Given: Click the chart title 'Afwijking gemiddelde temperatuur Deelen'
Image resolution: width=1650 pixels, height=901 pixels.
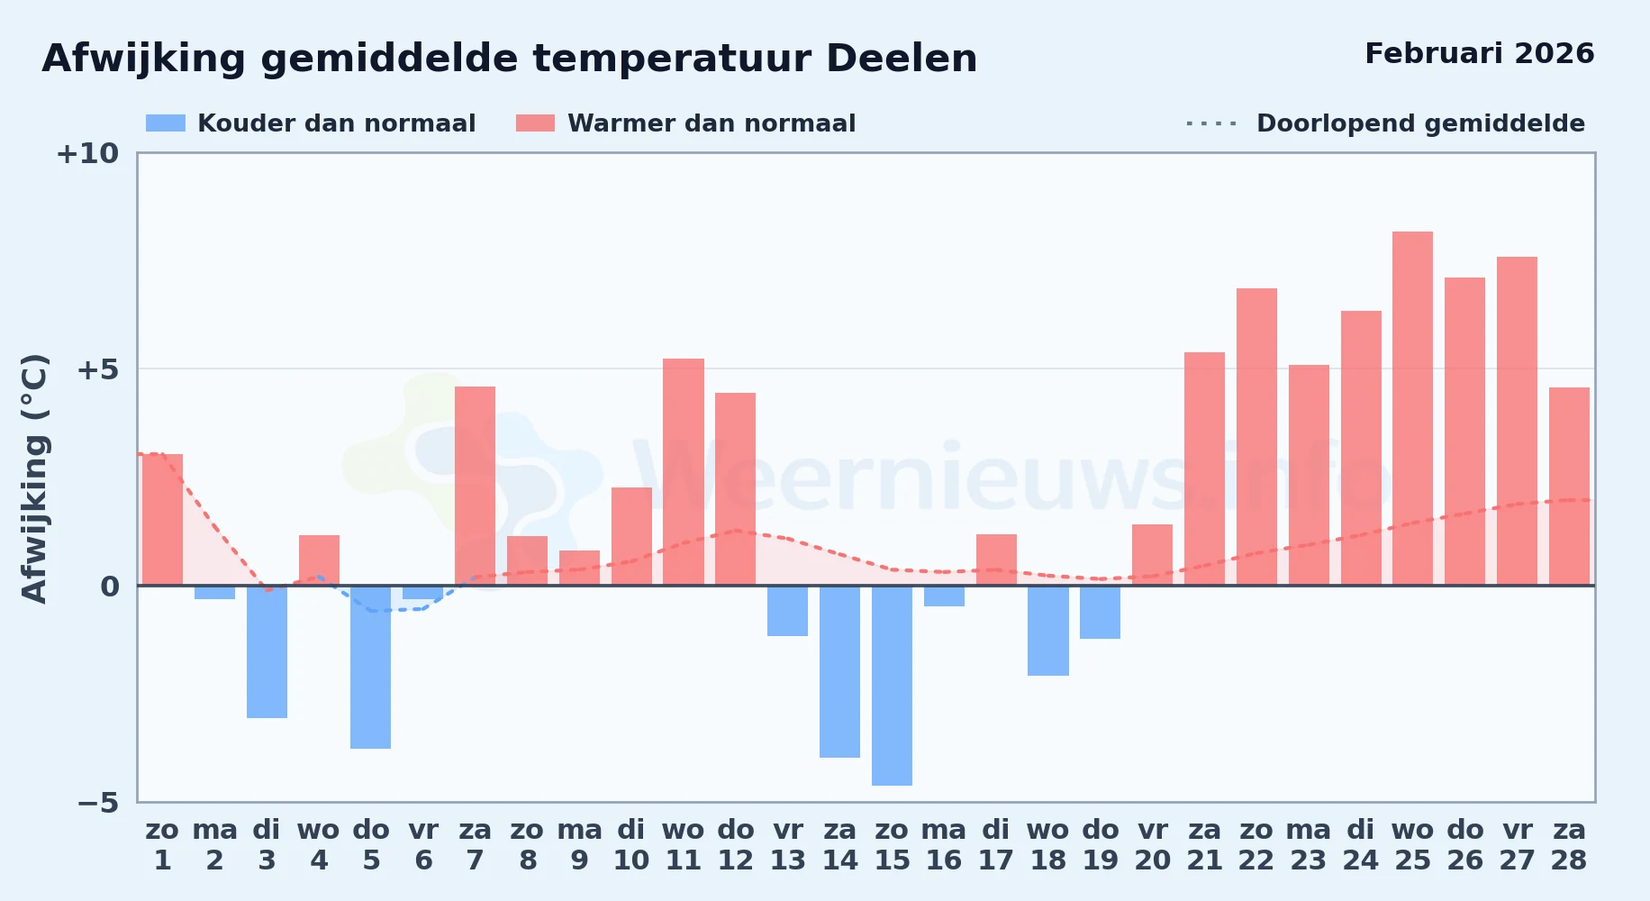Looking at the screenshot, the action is point(510,59).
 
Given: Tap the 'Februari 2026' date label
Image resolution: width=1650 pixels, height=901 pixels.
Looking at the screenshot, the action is point(1480,53).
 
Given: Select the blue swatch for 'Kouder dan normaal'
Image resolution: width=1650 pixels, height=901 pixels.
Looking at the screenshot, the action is point(166,123).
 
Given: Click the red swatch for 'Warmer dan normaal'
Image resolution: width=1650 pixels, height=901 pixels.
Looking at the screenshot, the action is point(535,123).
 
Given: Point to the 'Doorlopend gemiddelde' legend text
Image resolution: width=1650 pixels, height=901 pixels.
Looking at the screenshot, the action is point(1421,123).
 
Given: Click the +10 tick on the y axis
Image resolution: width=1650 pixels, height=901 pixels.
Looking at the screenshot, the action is point(87,153).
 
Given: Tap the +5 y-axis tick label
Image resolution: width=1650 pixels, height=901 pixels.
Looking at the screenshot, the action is point(98,369).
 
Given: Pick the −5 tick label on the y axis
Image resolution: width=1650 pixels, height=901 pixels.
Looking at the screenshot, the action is point(98,802).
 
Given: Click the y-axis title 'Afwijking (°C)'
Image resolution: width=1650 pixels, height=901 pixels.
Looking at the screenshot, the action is point(34,478).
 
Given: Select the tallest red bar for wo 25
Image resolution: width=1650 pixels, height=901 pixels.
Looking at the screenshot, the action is point(1412,408).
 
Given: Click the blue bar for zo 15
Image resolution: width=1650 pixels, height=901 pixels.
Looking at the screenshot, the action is point(892,686).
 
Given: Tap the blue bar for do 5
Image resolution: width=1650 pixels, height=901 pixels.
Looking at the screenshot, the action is point(371,667).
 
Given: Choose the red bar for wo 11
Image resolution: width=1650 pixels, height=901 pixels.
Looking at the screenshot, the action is point(684,472).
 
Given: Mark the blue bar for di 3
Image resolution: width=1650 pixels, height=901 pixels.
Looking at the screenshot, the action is point(267,651).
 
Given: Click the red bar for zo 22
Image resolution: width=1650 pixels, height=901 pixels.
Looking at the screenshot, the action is point(1256,437).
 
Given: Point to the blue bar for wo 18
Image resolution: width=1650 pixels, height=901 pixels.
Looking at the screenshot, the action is point(1048,631).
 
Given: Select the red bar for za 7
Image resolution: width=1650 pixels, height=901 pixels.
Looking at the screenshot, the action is point(475,486).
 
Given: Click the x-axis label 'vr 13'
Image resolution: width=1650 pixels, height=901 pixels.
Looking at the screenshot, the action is point(788,845).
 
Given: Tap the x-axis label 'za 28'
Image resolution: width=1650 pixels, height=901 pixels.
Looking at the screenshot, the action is point(1569,845).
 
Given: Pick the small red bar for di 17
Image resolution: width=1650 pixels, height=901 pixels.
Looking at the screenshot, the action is point(996,560).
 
